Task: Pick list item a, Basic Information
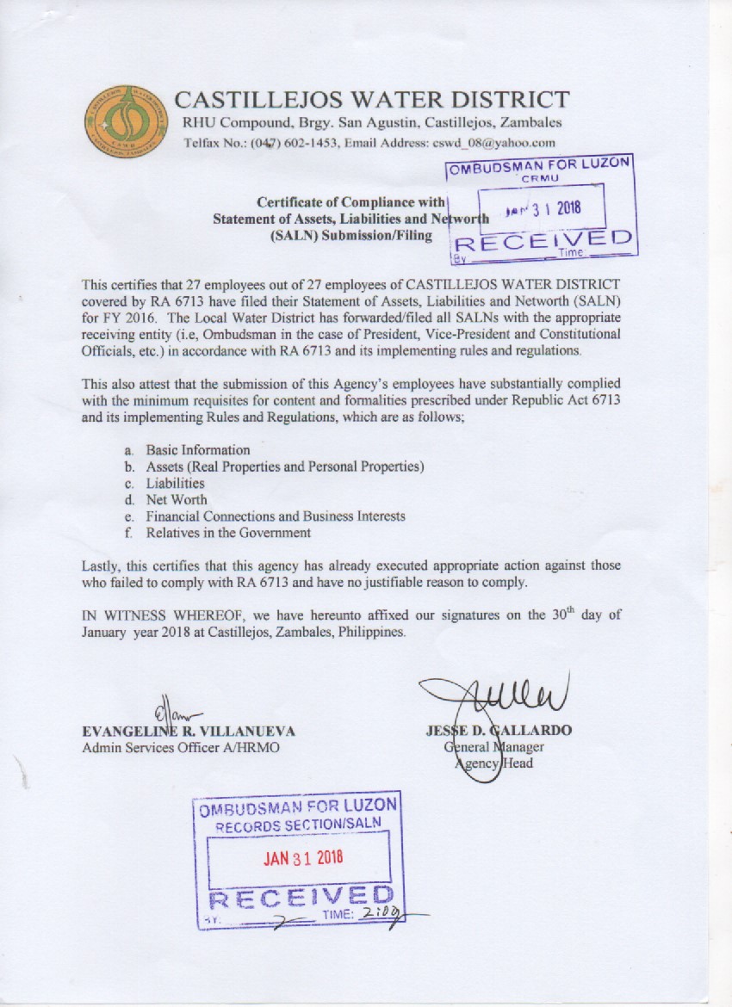[197, 450]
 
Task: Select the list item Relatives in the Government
[228, 533]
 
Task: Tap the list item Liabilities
[175, 483]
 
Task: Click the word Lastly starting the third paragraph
[102, 565]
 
